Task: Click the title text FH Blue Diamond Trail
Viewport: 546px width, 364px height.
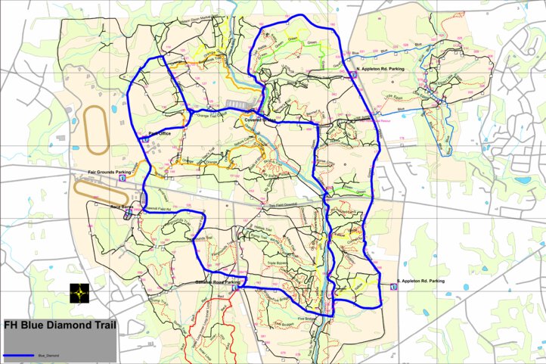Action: coord(59,327)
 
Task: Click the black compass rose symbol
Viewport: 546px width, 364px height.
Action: coord(79,293)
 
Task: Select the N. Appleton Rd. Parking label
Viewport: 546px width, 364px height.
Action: coord(380,68)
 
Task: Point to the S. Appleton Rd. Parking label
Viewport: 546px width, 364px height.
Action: coord(421,281)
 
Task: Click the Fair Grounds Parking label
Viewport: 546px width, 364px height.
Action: coord(110,172)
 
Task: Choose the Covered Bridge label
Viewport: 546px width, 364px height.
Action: coord(260,120)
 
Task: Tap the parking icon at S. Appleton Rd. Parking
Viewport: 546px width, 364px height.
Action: coord(392,288)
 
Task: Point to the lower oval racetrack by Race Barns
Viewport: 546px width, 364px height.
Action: coord(98,191)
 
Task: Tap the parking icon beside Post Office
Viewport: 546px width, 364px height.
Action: coord(144,138)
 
